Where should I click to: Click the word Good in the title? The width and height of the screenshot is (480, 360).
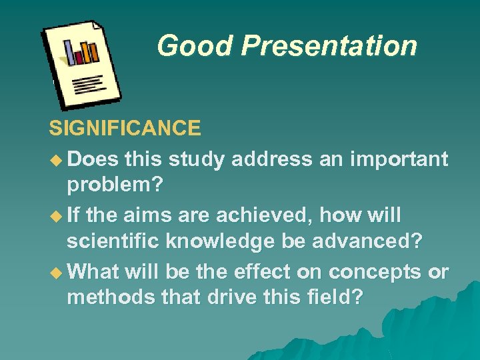click(x=195, y=46)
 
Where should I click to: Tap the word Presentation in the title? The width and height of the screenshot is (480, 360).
click(x=329, y=46)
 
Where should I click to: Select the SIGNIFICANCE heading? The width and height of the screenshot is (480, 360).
click(x=125, y=127)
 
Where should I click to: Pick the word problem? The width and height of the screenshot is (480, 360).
click(x=115, y=187)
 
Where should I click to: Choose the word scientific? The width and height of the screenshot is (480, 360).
click(x=113, y=243)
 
